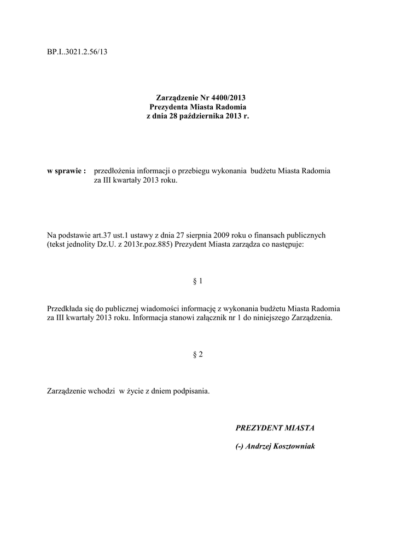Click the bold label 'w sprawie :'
(67, 171)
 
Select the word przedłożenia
(115, 171)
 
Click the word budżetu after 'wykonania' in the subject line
(263, 171)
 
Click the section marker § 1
(198, 281)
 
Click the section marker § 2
(198, 354)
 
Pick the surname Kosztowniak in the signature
(293, 446)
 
